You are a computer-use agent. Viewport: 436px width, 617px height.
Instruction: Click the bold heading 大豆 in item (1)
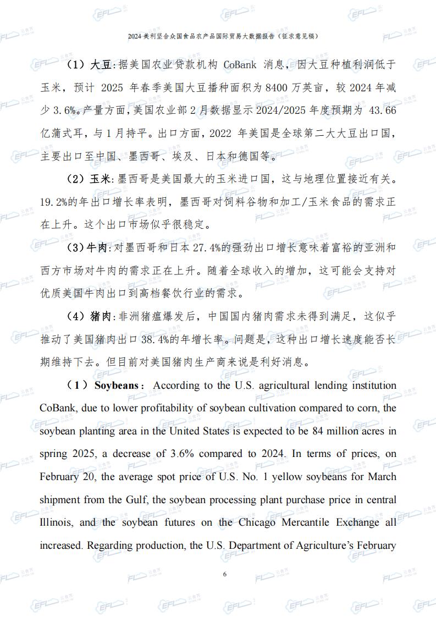pos(101,65)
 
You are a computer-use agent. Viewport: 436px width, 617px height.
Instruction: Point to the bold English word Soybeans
pos(116,385)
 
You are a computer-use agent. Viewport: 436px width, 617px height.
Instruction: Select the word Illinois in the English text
pos(55,522)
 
